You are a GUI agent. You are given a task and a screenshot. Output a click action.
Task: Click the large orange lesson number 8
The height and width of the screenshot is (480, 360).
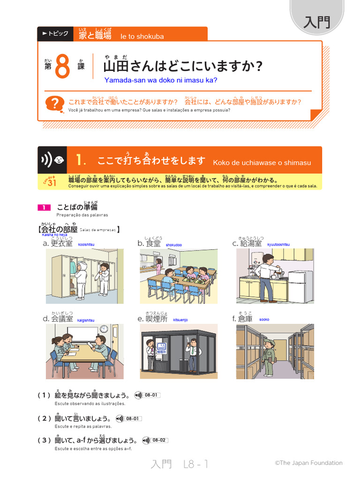coord(62,67)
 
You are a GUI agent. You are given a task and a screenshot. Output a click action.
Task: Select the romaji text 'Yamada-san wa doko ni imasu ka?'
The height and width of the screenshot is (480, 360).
coord(161,80)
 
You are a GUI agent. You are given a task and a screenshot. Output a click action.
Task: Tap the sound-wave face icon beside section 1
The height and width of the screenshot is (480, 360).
coord(52,160)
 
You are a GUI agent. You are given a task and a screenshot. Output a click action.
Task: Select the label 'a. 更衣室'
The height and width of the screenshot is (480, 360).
coord(57,243)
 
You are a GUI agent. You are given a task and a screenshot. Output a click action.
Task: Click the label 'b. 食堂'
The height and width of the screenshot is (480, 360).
coord(149,243)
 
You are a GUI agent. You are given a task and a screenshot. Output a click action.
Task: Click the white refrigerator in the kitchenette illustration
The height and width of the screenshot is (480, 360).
coord(296,286)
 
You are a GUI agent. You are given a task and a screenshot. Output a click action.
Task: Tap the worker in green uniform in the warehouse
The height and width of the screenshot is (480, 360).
coord(268,357)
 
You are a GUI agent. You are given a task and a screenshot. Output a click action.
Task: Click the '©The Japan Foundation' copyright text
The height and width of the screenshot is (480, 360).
coord(308,463)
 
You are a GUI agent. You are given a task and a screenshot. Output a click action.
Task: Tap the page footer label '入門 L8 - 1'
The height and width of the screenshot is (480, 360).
coord(180,464)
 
